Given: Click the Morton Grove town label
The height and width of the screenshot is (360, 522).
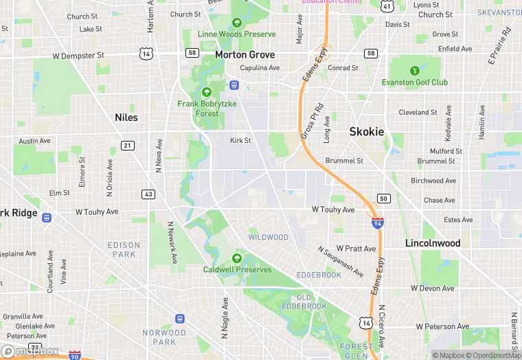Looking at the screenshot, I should pos(245,54).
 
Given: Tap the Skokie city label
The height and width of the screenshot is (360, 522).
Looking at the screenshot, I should pos(366,131).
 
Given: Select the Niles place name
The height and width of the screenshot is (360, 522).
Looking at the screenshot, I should pos(126,117).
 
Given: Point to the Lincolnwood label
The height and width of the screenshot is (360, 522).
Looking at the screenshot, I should pos(433,243).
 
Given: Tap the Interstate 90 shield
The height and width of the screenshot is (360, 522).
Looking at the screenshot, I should pos(74,356).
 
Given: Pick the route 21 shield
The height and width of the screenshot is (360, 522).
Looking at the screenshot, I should pos(128,145).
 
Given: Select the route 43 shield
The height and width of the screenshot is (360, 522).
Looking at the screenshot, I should pos(148,194).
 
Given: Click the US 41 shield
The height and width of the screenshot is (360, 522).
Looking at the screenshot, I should pos(387,6).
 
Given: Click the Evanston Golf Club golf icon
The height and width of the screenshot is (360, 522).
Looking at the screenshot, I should pos(414,71).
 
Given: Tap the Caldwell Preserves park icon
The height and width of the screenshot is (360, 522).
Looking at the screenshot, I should pos(237,258).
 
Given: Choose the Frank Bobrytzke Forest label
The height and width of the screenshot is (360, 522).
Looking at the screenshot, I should pos(207,109).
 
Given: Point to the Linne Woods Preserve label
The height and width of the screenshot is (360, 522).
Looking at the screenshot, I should pos(236,34).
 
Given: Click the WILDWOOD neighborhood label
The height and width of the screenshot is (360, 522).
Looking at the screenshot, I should pos(268,237).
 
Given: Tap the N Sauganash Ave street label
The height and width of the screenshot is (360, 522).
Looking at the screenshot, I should pos(340,262).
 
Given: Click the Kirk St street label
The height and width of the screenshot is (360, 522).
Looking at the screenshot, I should pos(240,140).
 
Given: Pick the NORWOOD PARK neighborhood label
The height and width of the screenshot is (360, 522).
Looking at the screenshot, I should pos(164,337).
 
